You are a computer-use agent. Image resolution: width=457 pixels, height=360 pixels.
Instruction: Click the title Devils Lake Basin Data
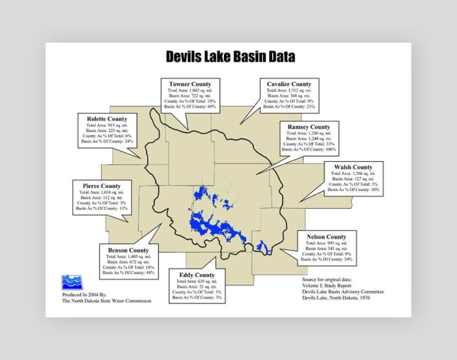coord(230,57)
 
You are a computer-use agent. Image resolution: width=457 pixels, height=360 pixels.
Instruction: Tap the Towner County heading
coord(190,84)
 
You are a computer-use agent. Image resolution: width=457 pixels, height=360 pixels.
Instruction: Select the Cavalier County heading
coord(289,84)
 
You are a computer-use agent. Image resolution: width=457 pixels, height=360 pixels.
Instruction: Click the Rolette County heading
coord(107,120)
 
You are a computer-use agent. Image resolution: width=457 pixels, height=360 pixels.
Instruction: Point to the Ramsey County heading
coord(309,127)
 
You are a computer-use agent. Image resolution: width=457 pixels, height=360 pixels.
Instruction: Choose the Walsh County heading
coord(353,167)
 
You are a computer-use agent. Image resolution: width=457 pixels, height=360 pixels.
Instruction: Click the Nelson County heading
coord(326,237)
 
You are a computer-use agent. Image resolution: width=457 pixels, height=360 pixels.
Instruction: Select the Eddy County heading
coord(197,275)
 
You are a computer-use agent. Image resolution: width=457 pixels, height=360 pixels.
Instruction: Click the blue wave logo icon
coord(71,282)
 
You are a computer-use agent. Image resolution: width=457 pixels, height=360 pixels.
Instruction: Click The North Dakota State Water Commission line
coord(107,302)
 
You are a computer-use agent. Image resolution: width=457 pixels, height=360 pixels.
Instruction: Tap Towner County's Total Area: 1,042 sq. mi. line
coord(190,91)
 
